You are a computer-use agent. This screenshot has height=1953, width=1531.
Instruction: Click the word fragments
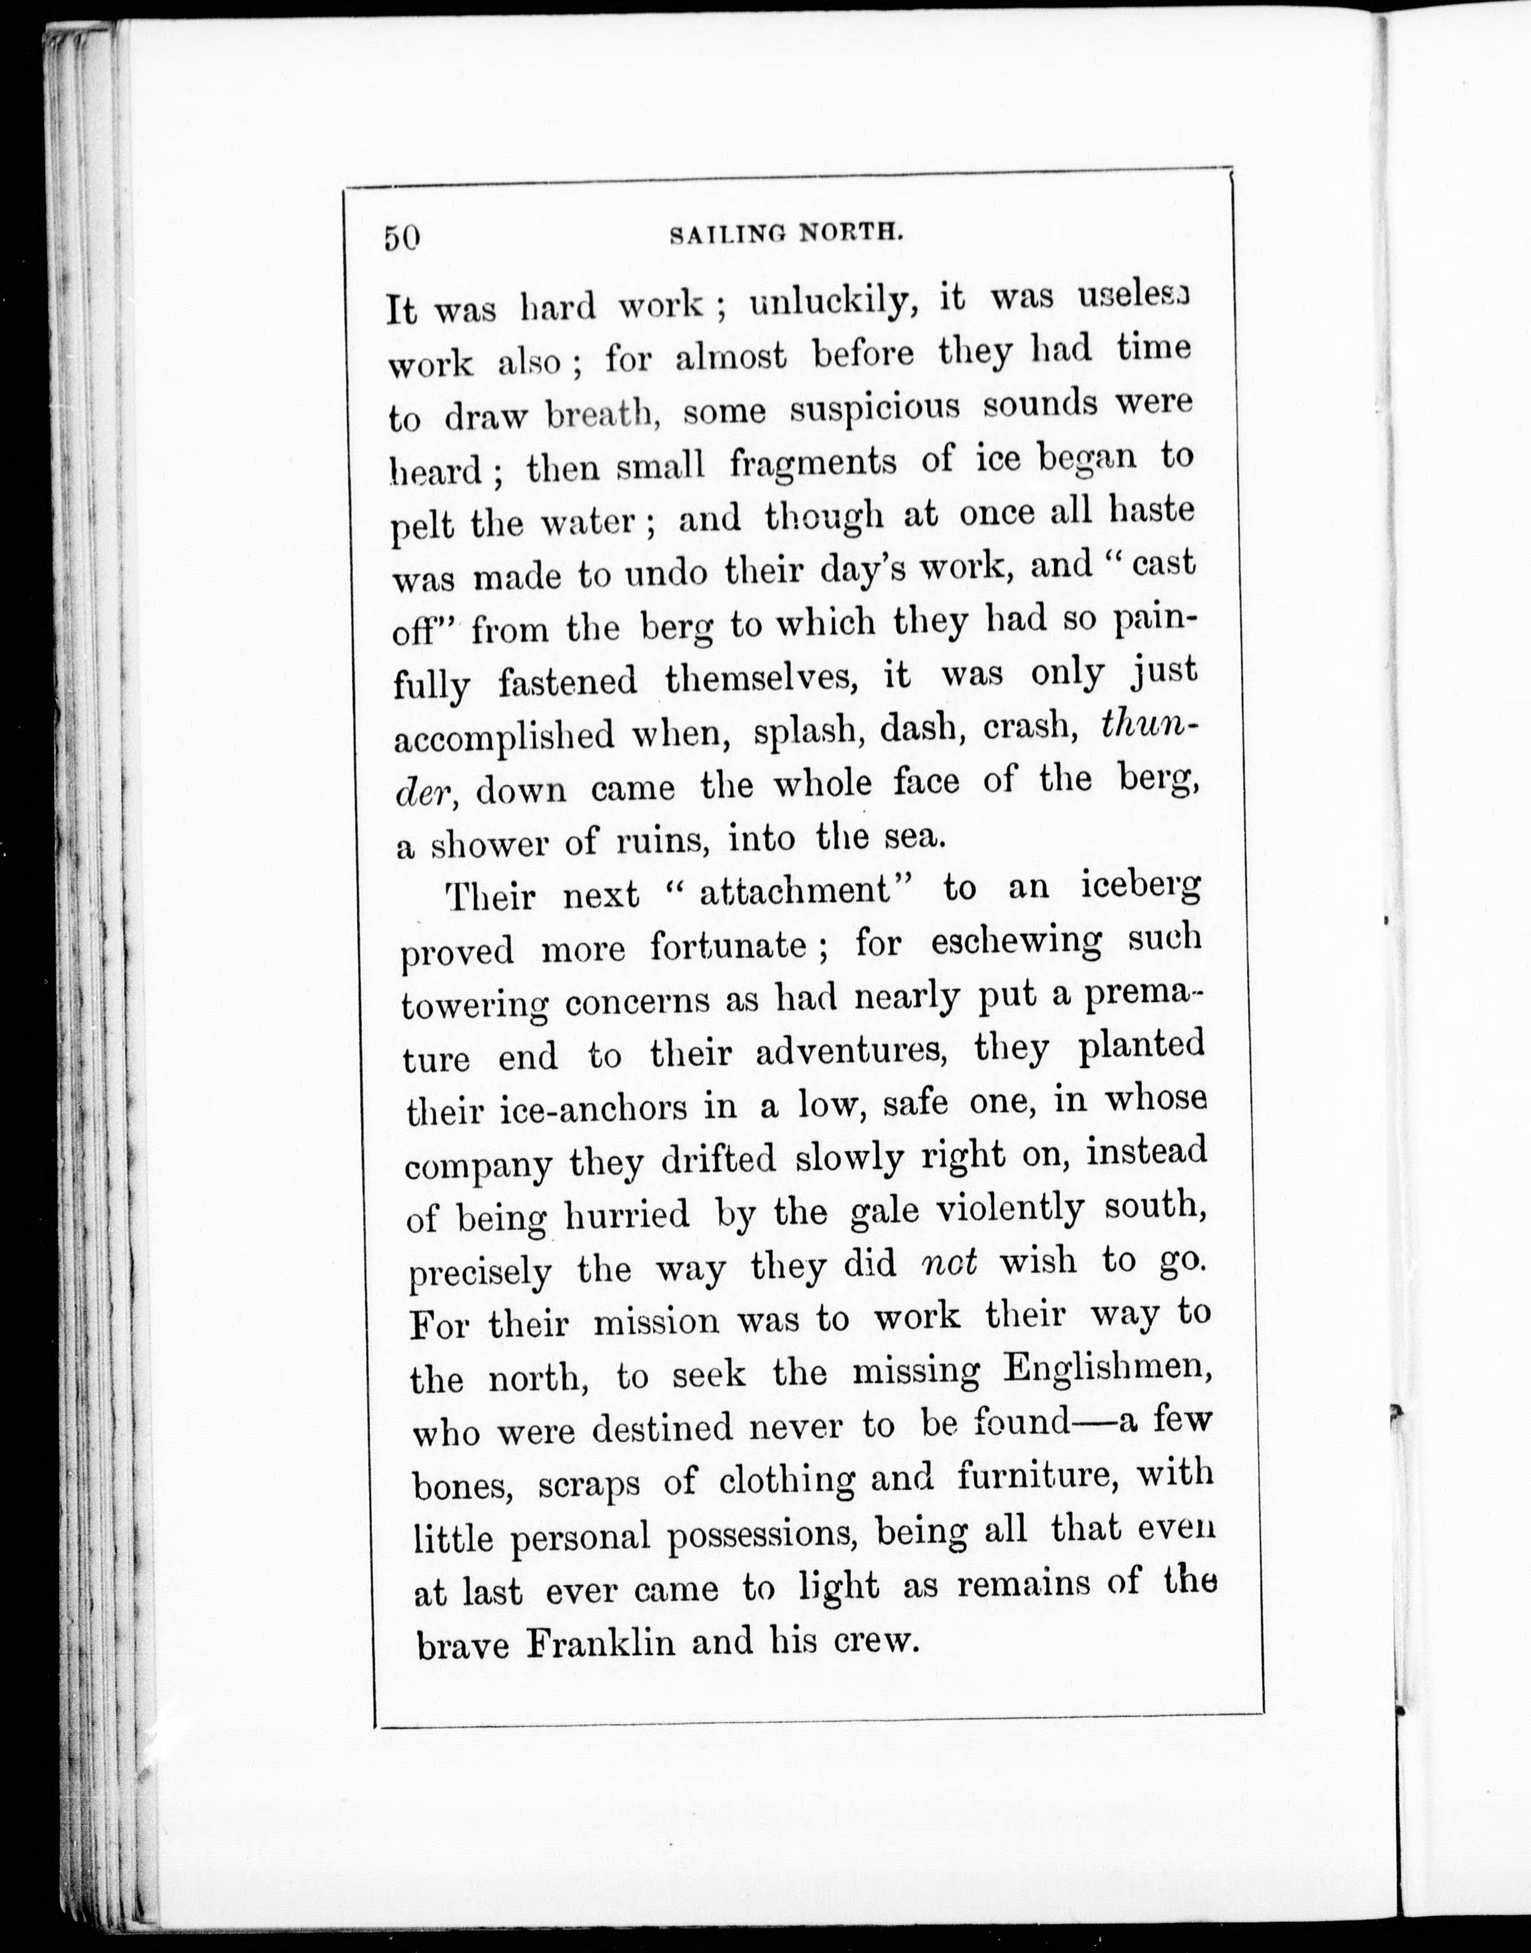(813, 463)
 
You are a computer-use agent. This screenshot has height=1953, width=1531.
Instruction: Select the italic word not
(948, 1262)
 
